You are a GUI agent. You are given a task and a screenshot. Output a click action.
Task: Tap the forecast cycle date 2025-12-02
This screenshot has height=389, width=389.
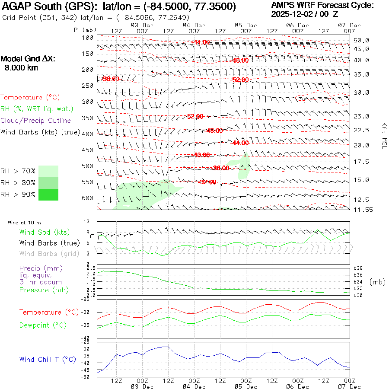pos(294,14)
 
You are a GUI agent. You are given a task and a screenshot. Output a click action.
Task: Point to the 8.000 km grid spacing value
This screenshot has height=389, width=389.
pos(21,68)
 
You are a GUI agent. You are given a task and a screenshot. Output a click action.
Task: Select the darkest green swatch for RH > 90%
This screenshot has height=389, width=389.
pos(48,194)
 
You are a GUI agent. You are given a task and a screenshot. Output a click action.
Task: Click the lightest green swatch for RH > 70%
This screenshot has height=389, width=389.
pos(48,171)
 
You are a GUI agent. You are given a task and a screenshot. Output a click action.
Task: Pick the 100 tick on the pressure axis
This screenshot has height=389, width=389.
pos(88,38)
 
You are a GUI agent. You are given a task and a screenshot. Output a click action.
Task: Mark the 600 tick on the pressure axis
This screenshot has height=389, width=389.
pos(88,198)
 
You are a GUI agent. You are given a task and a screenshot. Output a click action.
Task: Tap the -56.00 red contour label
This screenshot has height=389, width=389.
pos(110,79)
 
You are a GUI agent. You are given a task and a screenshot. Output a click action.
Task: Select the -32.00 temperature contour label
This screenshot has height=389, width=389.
pos(207,182)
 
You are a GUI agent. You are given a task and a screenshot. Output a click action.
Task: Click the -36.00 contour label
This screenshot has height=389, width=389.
pos(221,168)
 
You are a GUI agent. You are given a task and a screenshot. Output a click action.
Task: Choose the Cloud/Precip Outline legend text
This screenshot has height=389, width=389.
pos(35,120)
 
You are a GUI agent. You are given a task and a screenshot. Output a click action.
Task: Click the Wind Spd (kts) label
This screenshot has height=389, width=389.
pos(45,233)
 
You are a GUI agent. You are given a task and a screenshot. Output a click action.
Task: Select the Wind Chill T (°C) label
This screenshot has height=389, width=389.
pos(48,359)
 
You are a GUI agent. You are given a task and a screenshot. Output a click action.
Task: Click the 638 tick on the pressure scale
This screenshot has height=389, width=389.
pos(358,268)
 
